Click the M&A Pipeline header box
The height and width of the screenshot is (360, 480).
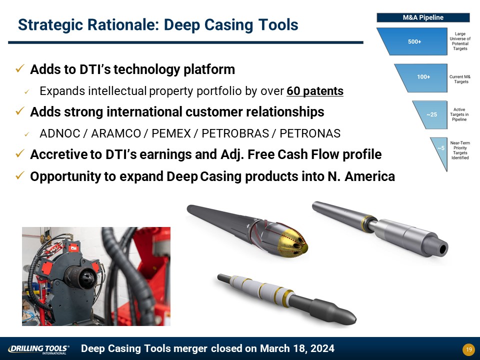coord(423,17)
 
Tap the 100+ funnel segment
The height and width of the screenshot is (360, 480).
coord(423,78)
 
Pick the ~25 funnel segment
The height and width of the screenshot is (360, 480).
coord(431,114)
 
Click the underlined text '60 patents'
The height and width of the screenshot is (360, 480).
coord(315,91)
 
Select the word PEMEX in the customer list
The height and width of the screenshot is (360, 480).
coord(171,133)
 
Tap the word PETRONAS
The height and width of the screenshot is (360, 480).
coord(310,133)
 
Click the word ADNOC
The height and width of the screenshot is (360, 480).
coord(59,133)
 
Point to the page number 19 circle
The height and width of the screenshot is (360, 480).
coord(468,349)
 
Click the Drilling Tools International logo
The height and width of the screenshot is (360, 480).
coord(38,349)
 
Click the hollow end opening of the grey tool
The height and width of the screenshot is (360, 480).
coord(442,250)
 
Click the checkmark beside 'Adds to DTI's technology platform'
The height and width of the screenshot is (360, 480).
coord(19,68)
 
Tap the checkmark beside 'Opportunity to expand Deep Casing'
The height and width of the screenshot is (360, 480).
coord(19,175)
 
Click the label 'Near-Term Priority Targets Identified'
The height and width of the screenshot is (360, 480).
coord(460,150)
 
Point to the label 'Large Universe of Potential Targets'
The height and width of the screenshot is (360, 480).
coord(460,41)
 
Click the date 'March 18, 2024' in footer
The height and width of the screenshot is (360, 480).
coord(297,348)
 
